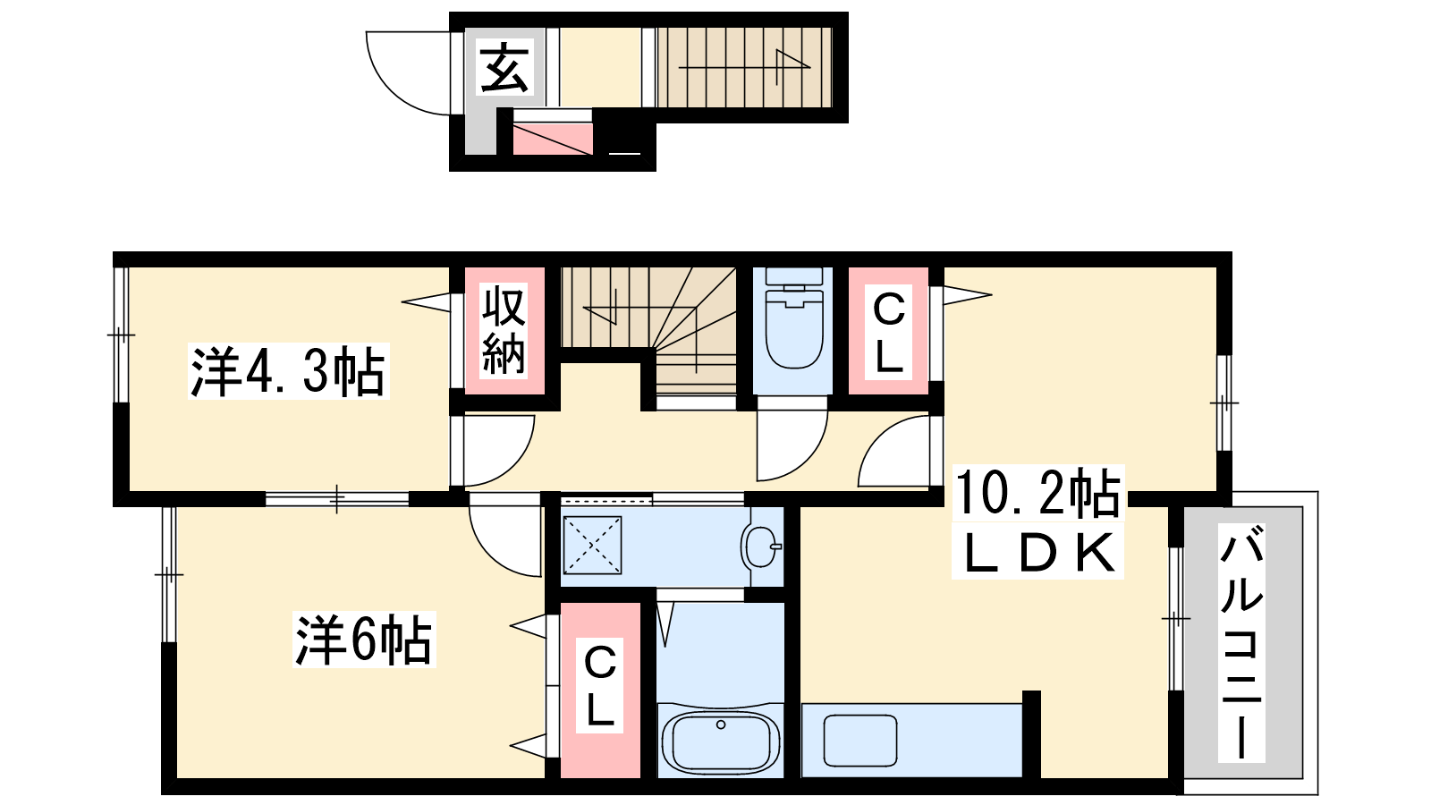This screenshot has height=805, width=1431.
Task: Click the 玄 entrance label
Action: pos(504,68)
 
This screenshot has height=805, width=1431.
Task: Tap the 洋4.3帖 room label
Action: pos(288,371)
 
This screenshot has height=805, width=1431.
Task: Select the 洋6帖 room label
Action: pos(364,640)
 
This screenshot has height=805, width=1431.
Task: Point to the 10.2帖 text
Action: pos(1037,493)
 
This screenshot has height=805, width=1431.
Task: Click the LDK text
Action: pos(1037,553)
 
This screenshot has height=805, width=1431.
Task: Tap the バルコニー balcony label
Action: pos(1241,643)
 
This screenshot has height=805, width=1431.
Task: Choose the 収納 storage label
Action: pos(504,331)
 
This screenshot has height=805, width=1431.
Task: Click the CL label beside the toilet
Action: pos(888,332)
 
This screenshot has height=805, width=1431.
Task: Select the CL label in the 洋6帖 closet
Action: pos(599,685)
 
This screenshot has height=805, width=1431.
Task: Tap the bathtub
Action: pos(721,742)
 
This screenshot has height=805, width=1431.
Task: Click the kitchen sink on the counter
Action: pos(859,741)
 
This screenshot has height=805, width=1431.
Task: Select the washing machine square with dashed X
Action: pos(592,545)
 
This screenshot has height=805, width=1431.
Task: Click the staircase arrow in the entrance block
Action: pos(744,66)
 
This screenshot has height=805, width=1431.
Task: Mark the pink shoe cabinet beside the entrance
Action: pos(553,139)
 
